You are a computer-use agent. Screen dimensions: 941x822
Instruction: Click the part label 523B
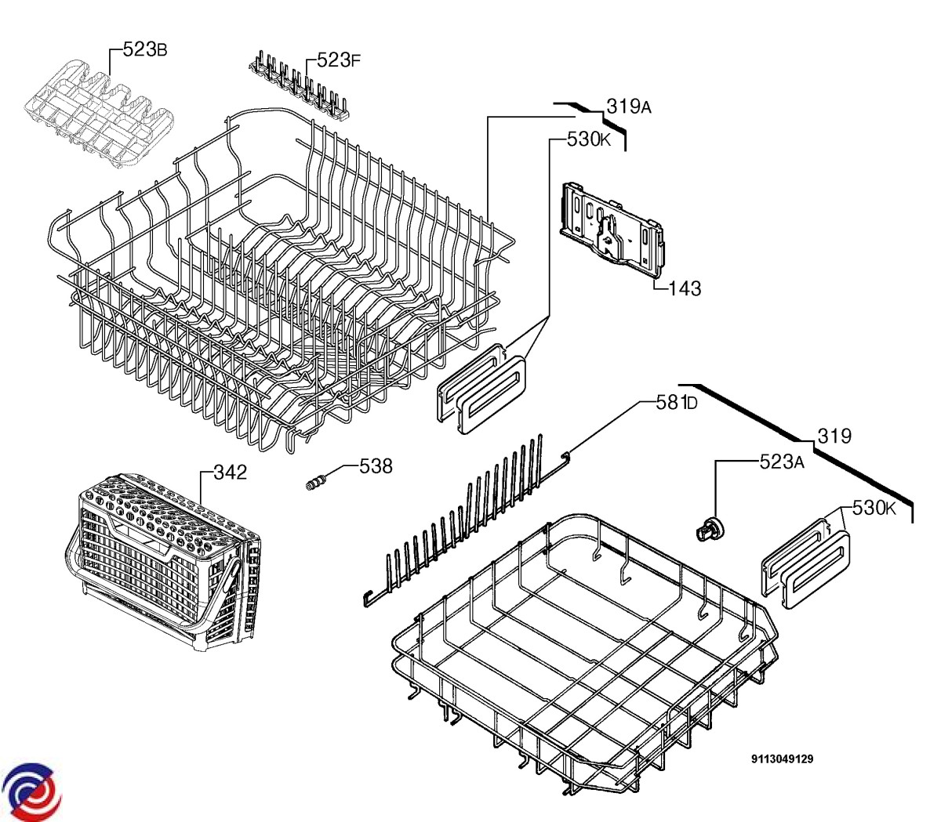tap(144, 49)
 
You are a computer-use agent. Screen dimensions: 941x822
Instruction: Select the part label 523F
tap(339, 60)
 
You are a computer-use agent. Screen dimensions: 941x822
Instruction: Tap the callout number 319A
tap(629, 107)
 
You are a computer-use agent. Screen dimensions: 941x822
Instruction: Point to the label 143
tap(685, 288)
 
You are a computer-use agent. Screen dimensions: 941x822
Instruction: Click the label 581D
tap(677, 403)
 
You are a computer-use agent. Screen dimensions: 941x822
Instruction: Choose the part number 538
tap(376, 466)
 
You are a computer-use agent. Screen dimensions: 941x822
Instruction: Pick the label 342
tap(230, 473)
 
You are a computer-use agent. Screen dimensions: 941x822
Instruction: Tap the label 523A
tap(782, 462)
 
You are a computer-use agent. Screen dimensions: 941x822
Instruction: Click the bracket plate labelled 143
tap(612, 230)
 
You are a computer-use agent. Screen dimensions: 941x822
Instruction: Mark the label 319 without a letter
tap(834, 436)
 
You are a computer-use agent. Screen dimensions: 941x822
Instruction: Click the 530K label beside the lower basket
tap(874, 508)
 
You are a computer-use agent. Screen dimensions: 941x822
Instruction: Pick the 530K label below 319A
tap(588, 139)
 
